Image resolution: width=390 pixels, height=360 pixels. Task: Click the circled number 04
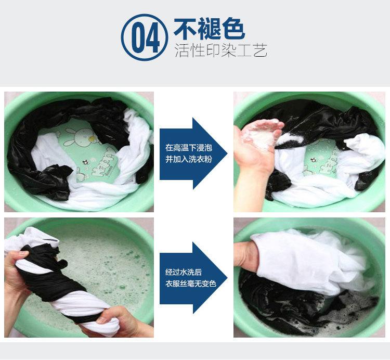coord(144,37)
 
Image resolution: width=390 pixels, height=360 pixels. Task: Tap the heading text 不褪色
coord(210,29)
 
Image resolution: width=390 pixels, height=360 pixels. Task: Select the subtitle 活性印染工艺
coord(221,50)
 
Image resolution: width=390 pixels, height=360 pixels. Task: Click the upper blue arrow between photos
coord(193,153)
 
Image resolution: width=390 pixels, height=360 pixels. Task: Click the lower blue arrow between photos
coord(193,278)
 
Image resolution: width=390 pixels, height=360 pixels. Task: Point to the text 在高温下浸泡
coord(189,148)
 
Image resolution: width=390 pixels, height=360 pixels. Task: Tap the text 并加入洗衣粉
coord(189,159)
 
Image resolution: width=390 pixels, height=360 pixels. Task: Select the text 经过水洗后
coord(184,272)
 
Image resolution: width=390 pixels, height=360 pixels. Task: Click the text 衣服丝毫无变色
coord(191,284)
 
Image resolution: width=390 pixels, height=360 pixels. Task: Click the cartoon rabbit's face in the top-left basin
coord(84,136)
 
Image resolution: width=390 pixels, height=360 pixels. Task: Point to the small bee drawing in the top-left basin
coord(86,162)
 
